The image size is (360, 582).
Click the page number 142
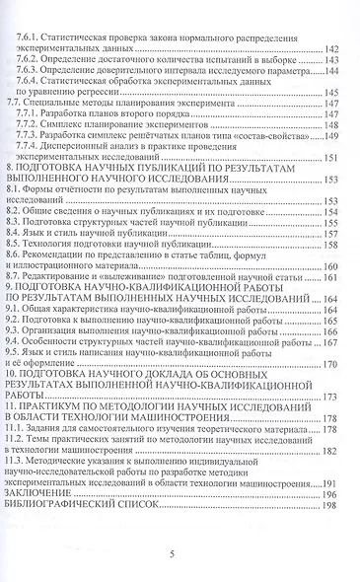[x=331, y=48]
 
